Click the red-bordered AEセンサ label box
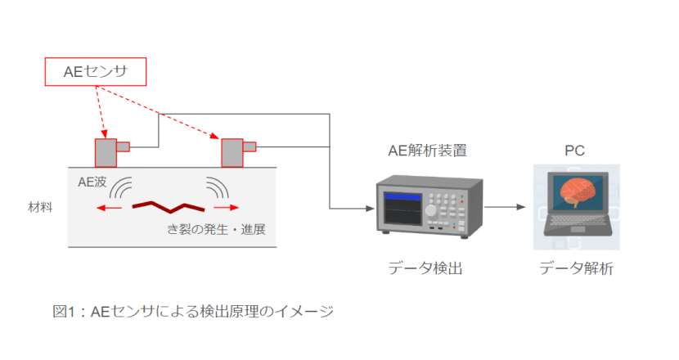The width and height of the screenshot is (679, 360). [x=94, y=72]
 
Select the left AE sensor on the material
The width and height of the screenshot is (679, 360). [x=106, y=152]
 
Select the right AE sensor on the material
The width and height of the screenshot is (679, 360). [x=232, y=152]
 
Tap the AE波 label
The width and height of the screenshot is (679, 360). [x=92, y=182]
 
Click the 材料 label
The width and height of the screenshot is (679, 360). [x=40, y=207]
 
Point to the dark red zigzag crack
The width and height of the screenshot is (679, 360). [x=168, y=205]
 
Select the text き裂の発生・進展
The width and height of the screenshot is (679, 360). [x=216, y=229]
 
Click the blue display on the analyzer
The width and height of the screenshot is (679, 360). [x=402, y=197]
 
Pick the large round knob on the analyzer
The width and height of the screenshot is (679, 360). [x=431, y=209]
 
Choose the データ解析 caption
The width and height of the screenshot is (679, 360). [x=576, y=268]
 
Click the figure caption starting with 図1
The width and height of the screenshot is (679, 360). [x=193, y=311]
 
